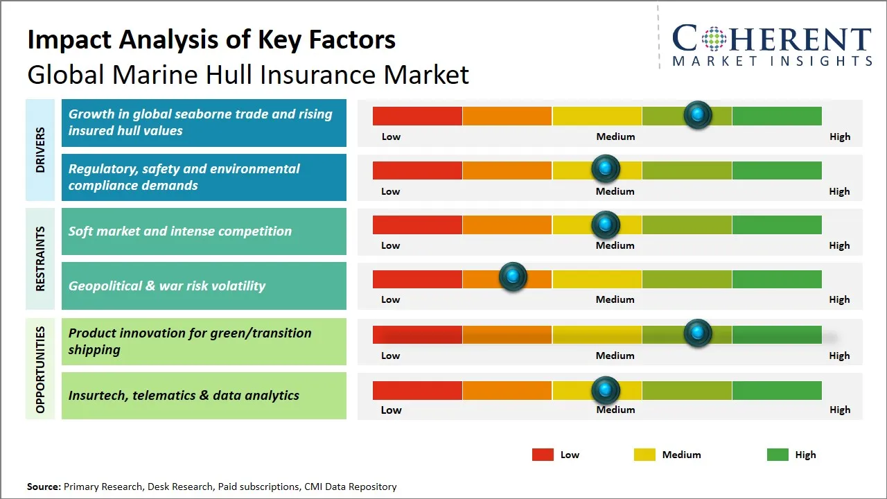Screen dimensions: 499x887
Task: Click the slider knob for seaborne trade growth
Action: pos(698,114)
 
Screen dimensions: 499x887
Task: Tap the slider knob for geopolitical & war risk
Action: pos(513,277)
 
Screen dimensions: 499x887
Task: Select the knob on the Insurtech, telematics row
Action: pos(606,390)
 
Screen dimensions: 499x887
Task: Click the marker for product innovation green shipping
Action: pos(698,333)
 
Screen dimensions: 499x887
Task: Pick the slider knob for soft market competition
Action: pos(606,225)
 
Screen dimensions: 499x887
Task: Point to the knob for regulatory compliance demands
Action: pos(606,169)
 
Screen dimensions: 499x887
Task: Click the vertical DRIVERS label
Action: pos(40,150)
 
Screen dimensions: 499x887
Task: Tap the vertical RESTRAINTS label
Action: pos(40,259)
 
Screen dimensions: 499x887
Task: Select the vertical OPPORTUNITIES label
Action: pos(40,369)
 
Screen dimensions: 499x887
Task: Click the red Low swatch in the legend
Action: pos(543,455)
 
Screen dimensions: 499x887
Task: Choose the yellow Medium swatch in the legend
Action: pos(644,455)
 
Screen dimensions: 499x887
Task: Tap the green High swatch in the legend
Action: pos(778,455)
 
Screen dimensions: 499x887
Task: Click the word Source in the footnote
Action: pos(44,487)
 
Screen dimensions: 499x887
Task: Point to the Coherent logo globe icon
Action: pos(713,39)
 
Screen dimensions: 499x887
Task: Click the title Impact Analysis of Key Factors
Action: pos(211,40)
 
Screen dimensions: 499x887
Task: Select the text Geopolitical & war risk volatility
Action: pos(167,286)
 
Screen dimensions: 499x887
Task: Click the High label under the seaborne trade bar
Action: pos(840,137)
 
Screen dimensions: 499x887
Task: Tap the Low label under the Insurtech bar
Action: pos(391,410)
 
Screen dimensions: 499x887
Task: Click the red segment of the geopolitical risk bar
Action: pos(417,279)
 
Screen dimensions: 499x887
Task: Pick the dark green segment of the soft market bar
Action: pos(776,225)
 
